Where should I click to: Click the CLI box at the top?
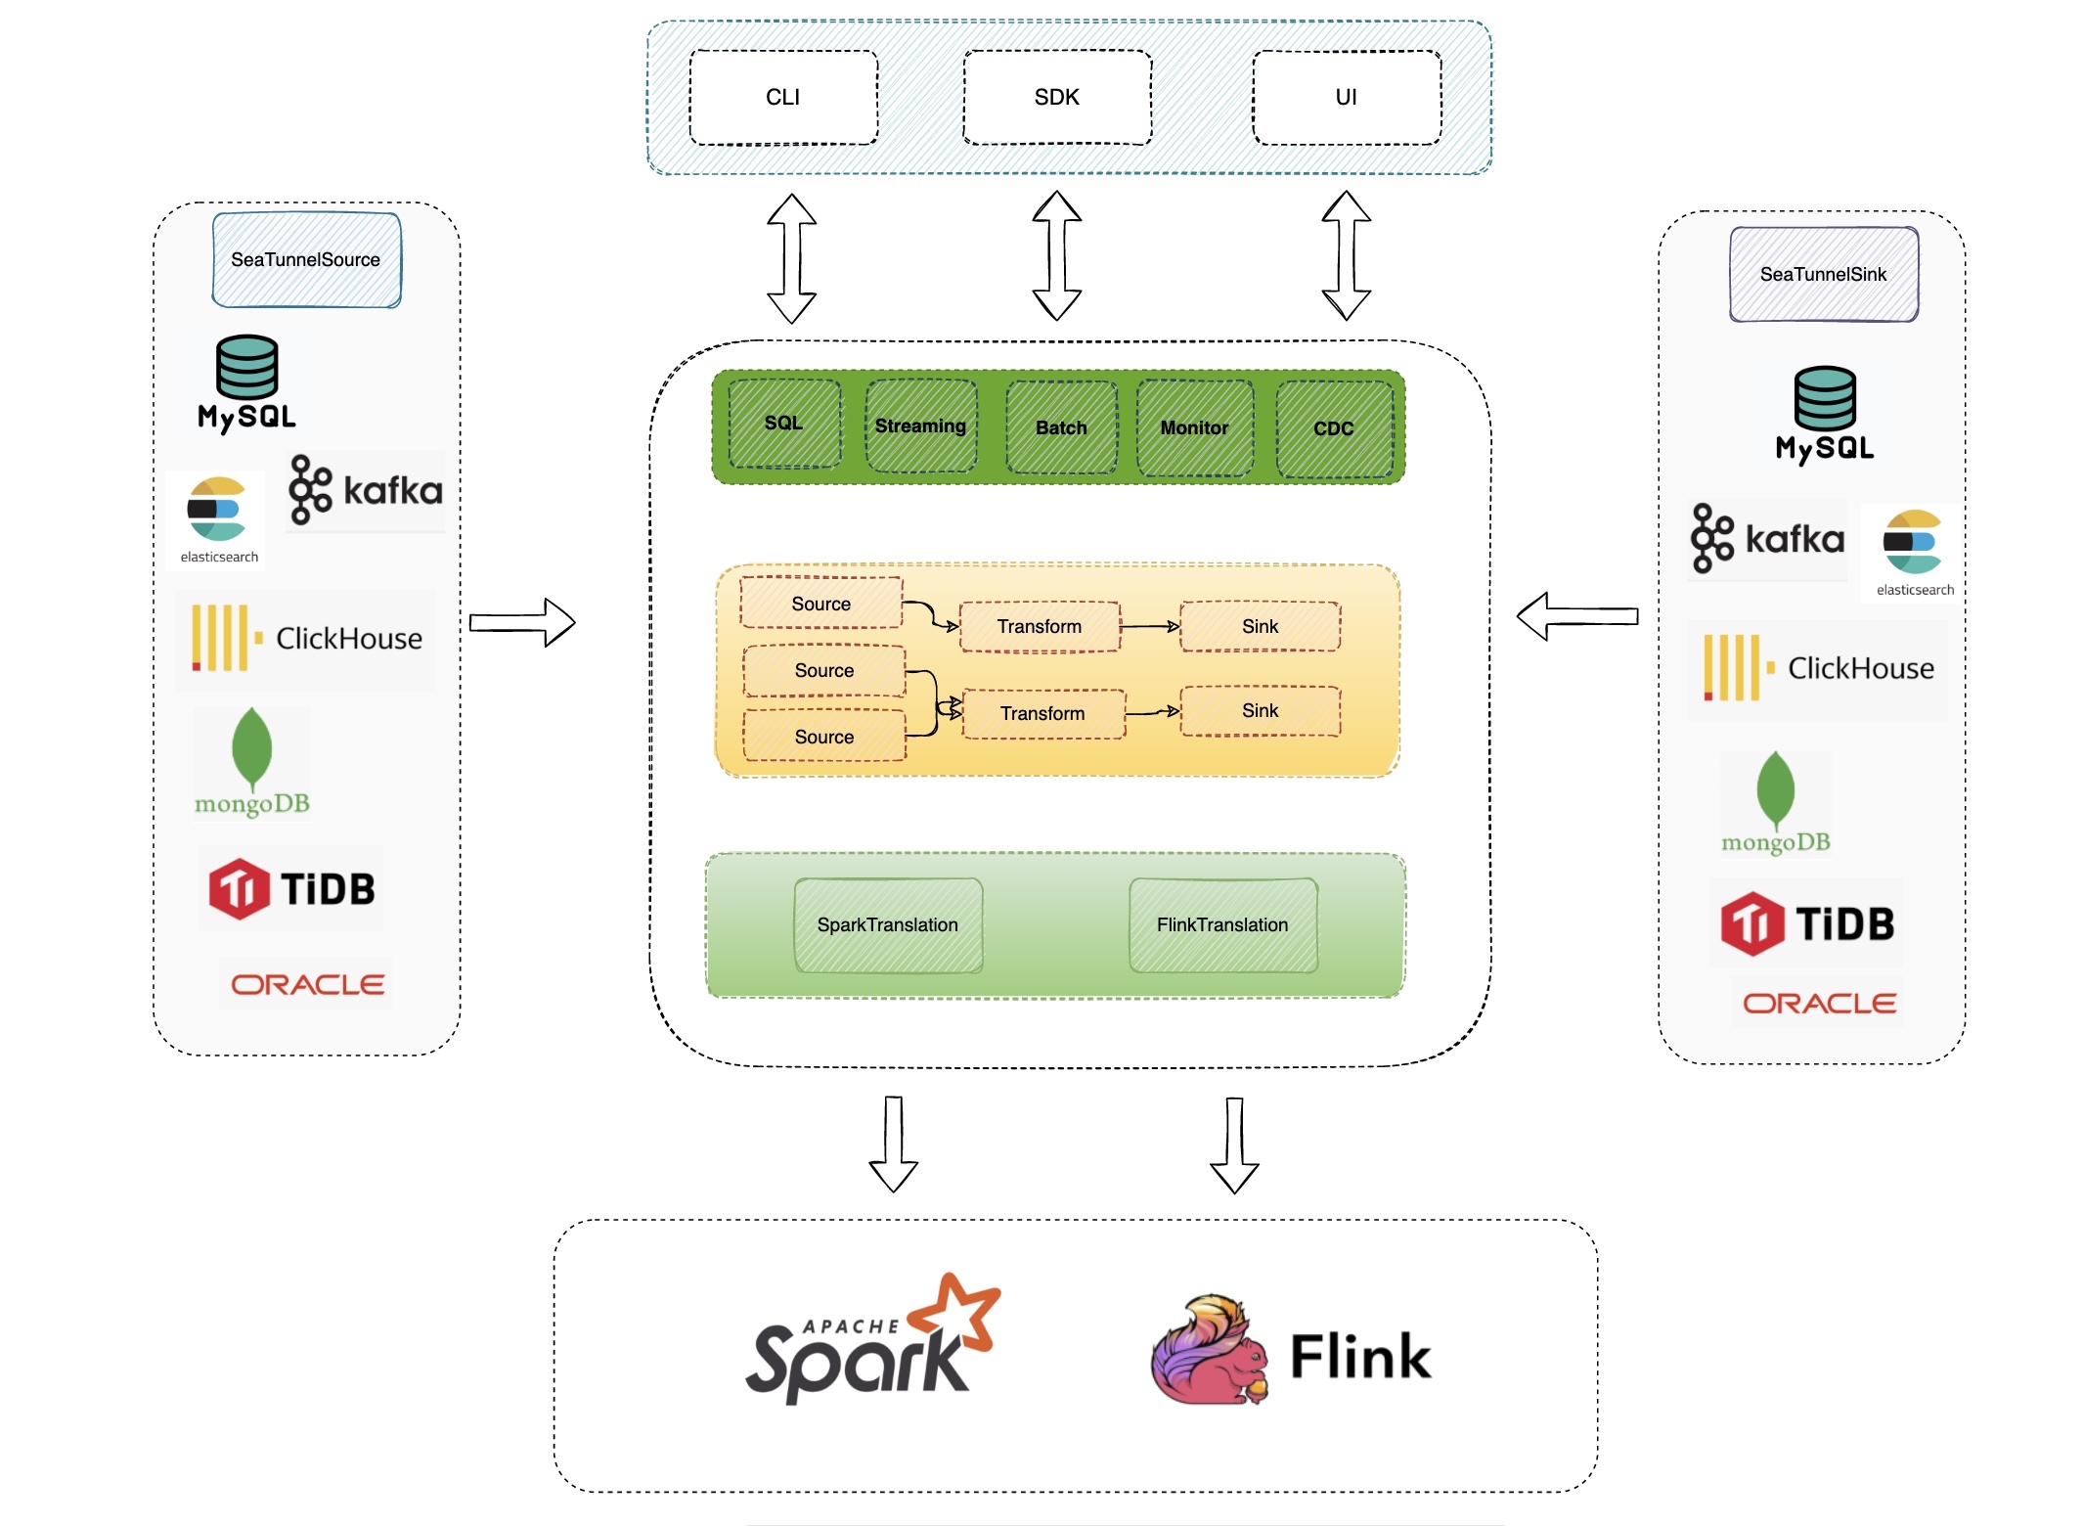point(783,98)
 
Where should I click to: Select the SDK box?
point(1057,98)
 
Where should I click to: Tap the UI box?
point(1347,98)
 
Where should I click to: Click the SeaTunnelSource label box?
point(306,260)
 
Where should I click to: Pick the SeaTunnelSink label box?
point(1823,275)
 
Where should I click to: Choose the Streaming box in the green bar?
point(920,426)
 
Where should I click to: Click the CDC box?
point(1334,428)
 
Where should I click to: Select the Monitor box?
point(1194,427)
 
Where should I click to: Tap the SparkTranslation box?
point(888,925)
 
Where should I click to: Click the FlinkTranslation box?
point(1222,925)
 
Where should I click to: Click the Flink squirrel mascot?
point(1210,1352)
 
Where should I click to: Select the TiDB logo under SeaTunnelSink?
point(1807,923)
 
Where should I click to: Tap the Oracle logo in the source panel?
point(307,984)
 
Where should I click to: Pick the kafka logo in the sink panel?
point(1767,539)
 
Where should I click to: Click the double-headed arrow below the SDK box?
point(1057,256)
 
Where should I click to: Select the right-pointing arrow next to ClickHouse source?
point(522,622)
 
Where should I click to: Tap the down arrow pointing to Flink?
point(1234,1144)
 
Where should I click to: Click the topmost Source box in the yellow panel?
point(821,604)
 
